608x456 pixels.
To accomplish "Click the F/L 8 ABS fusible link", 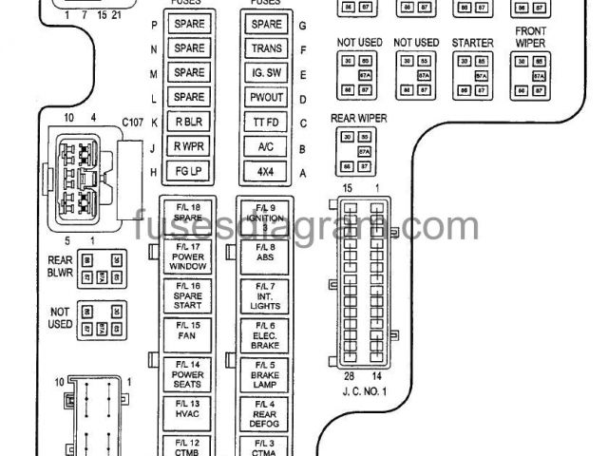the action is (265, 252).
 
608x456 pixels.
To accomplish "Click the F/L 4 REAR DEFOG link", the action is (265, 411).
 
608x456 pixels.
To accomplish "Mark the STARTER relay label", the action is (472, 43).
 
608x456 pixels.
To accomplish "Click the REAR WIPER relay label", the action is (355, 118).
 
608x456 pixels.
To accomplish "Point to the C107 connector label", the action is (131, 123).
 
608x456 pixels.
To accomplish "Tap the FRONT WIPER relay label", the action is (530, 37).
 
